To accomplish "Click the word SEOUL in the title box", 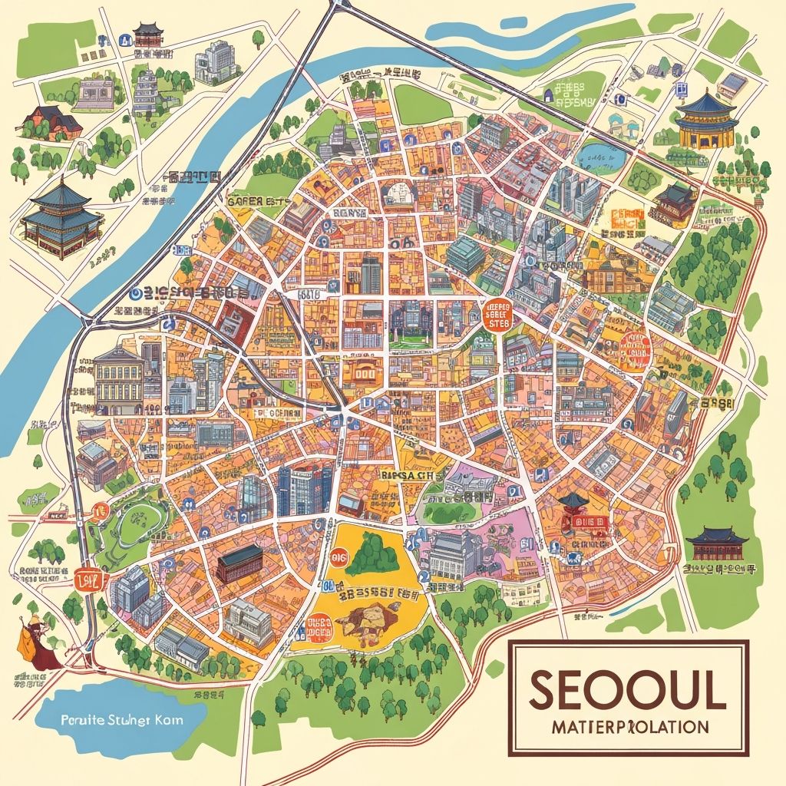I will (627, 690).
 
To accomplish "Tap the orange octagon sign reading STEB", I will (500, 314).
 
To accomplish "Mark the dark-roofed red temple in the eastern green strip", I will (716, 544).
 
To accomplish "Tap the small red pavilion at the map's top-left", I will (147, 34).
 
